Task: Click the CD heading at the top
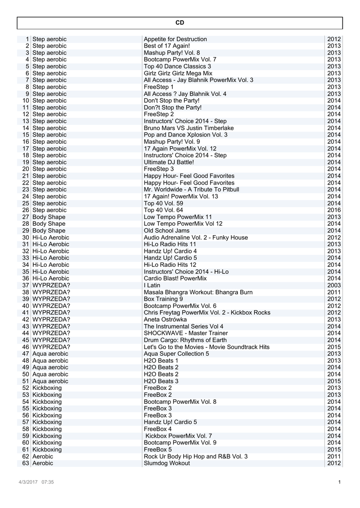(180, 23)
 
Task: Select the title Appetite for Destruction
(175, 39)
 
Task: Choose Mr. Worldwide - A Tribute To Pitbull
(191, 190)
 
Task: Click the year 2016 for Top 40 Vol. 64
(334, 210)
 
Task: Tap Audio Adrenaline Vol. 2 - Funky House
(196, 238)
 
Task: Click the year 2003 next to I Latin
(334, 285)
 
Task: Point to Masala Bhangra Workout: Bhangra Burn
(198, 292)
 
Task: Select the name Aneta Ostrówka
(165, 319)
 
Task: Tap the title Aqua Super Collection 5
(176, 354)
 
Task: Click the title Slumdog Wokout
(167, 463)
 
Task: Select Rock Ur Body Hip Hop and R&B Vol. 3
(196, 456)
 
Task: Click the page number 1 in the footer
(339, 482)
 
